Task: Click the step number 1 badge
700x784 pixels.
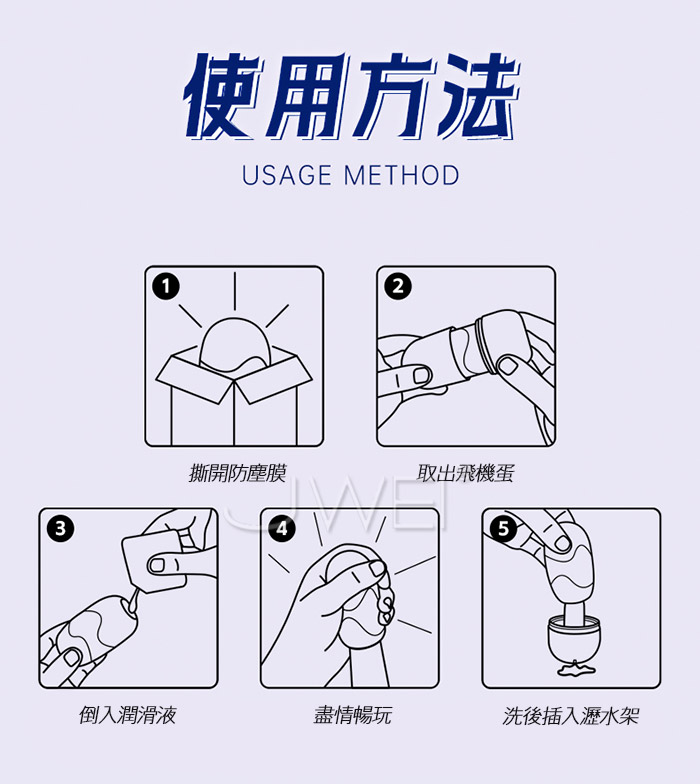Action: click(166, 286)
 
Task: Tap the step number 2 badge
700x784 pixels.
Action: click(398, 286)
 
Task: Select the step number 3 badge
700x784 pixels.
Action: click(60, 528)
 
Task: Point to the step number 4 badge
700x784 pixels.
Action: click(282, 528)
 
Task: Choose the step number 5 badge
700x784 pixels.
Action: click(504, 528)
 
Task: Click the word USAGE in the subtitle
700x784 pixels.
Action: click(287, 176)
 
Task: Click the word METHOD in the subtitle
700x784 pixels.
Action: click(402, 176)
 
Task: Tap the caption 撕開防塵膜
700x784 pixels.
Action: click(238, 473)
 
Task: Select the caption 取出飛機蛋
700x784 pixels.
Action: click(466, 473)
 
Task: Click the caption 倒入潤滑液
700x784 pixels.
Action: click(128, 715)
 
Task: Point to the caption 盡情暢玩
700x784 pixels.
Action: click(352, 715)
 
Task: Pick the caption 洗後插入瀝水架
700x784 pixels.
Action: click(571, 716)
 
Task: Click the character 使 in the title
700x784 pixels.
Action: click(224, 95)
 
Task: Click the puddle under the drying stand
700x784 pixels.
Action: click(576, 668)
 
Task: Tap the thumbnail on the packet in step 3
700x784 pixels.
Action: click(158, 565)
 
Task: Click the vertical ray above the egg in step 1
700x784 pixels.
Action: click(234, 291)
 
